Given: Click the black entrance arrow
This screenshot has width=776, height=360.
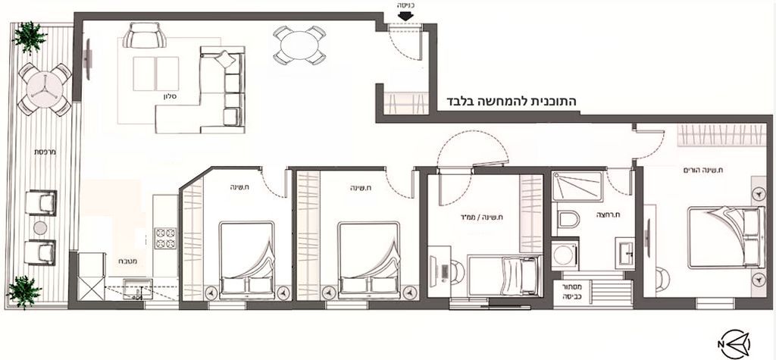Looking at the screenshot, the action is tap(406, 16).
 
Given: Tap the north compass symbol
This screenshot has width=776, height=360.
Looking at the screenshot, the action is tap(735, 343).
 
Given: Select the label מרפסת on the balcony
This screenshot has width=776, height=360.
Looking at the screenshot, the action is tap(45, 152).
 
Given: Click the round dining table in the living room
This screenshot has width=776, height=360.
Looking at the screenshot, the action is tap(299, 45).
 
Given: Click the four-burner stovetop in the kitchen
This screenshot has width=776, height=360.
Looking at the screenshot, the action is tap(166, 239).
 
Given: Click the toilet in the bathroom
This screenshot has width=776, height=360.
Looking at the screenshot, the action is tap(568, 219).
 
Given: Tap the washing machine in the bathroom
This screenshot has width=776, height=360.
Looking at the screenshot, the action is tap(565, 255).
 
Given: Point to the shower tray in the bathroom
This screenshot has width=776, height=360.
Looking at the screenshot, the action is tap(577, 186).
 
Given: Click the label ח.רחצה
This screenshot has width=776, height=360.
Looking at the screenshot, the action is tap(609, 215).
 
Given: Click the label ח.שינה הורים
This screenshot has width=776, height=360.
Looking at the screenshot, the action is tap(702, 171).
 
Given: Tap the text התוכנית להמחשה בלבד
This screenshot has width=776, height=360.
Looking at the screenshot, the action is tap(511, 102).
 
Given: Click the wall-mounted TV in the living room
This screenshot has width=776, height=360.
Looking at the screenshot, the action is tap(88, 58).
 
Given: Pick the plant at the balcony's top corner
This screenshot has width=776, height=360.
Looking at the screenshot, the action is tap(30, 38).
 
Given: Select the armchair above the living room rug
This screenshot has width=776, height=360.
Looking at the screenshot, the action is tap(145, 36).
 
